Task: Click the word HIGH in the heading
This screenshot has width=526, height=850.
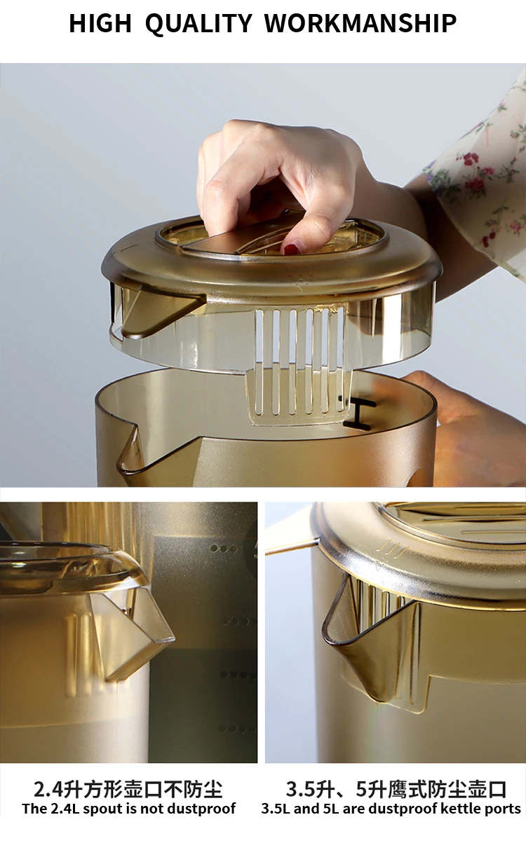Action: (100, 23)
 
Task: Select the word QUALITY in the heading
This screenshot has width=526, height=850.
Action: (198, 24)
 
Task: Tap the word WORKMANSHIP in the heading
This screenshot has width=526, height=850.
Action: (360, 23)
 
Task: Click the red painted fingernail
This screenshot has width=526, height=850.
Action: (292, 249)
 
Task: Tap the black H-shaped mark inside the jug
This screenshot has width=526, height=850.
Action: (359, 413)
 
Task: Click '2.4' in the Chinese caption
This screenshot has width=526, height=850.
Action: (48, 790)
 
